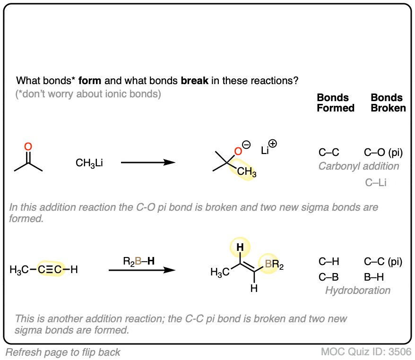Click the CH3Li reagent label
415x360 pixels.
coord(89,163)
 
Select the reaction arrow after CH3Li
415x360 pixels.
coord(148,163)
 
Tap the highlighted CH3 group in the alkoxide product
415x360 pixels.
coord(246,173)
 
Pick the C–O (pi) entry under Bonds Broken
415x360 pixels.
coord(383,153)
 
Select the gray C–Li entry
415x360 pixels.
coord(376,182)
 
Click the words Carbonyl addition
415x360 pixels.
coord(358,166)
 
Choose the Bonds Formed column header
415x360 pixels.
coord(336,103)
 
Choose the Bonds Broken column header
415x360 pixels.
coord(388,103)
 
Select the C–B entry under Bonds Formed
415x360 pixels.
coord(329,276)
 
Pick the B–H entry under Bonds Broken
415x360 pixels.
coord(374,276)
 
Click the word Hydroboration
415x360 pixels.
coord(358,291)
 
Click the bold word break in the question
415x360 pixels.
coord(194,80)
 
